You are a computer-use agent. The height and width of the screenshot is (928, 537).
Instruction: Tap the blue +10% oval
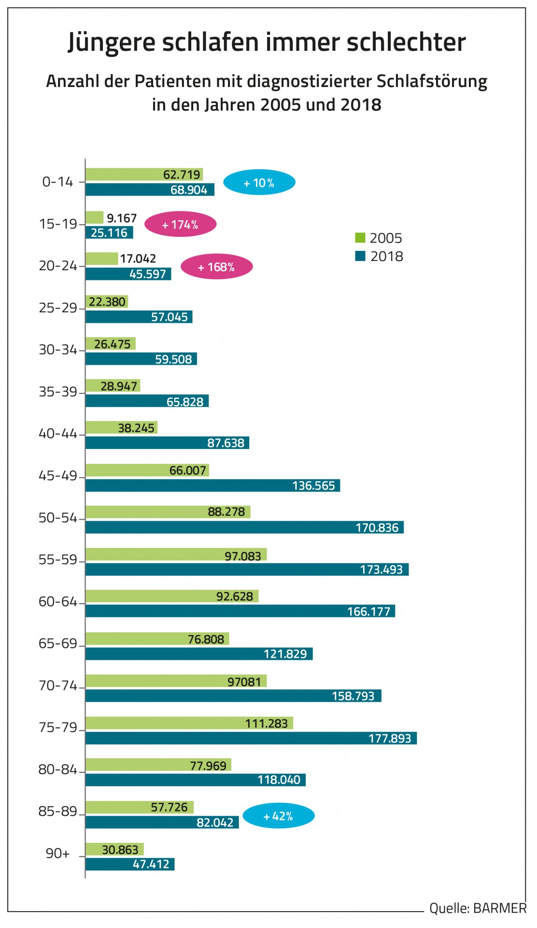(x=259, y=183)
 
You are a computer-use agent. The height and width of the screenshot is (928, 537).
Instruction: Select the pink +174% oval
(x=180, y=225)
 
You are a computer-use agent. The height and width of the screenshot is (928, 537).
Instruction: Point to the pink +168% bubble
(x=216, y=267)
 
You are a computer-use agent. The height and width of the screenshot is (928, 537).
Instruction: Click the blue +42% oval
(x=278, y=816)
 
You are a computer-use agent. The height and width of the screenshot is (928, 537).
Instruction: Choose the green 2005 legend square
(x=360, y=238)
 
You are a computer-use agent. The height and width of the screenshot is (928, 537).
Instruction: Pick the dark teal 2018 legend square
(x=360, y=256)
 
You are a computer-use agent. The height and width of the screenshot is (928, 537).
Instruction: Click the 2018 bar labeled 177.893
(x=251, y=738)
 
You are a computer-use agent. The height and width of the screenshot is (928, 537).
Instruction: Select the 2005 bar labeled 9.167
(x=95, y=217)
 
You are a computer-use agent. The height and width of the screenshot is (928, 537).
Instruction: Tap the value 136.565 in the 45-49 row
(x=313, y=486)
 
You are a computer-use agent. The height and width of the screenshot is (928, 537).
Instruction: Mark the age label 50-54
(x=58, y=518)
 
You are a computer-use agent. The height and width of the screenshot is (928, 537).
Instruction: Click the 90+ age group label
(x=58, y=854)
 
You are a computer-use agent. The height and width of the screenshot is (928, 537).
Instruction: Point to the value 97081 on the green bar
(x=244, y=681)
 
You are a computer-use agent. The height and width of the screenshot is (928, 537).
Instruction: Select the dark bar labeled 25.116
(x=109, y=232)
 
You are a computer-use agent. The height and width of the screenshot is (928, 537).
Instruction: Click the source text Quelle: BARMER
(x=478, y=908)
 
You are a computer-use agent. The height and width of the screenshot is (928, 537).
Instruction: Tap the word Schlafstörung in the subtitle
(x=432, y=81)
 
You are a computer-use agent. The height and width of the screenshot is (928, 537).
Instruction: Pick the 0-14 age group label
(x=58, y=182)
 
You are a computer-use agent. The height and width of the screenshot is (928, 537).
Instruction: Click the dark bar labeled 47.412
(x=130, y=864)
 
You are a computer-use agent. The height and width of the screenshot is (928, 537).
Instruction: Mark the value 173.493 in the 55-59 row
(x=381, y=569)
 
